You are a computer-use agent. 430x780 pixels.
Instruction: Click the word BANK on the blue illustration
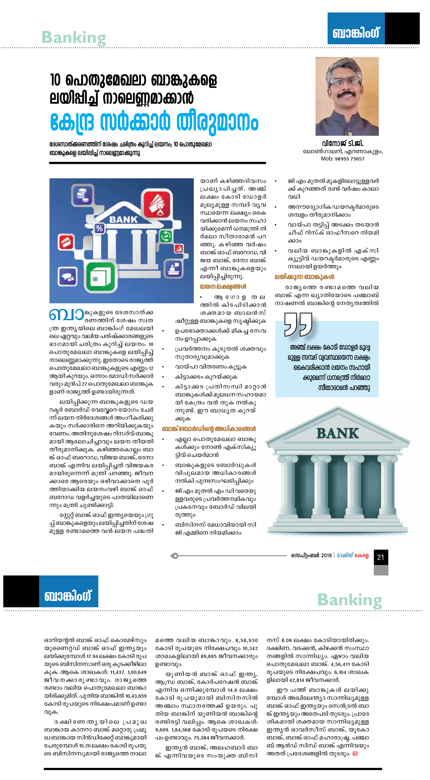(x=123, y=219)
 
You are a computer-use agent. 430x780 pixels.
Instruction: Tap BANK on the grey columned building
(x=338, y=434)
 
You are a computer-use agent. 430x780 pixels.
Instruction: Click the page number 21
(x=381, y=557)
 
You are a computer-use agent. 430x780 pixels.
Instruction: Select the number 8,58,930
(x=247, y=640)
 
